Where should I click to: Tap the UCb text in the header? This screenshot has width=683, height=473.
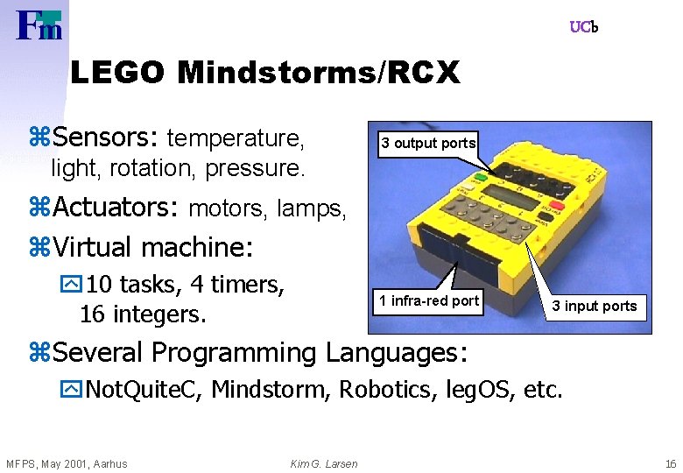(x=583, y=27)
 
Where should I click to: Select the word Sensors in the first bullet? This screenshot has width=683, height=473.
(x=104, y=138)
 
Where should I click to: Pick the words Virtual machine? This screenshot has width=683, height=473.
(x=153, y=247)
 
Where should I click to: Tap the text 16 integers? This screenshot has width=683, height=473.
(x=143, y=313)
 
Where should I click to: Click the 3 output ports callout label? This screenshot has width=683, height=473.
(x=427, y=143)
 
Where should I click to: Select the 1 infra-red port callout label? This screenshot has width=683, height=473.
(x=428, y=300)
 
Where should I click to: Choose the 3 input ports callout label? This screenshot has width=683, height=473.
(x=594, y=306)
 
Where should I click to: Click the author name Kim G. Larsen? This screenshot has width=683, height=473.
(x=324, y=463)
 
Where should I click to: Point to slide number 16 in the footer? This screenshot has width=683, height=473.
(x=670, y=463)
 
